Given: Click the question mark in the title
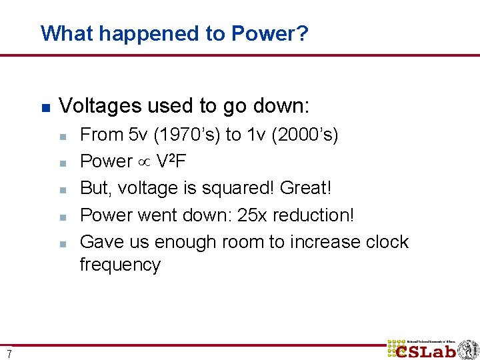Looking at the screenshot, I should (x=303, y=33).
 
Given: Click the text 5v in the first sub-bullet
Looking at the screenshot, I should (x=136, y=135).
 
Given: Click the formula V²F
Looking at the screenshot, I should (x=175, y=161).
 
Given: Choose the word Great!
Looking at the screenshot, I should (x=306, y=188).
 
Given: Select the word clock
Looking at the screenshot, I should (x=387, y=241).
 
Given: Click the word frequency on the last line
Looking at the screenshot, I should (x=120, y=265).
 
